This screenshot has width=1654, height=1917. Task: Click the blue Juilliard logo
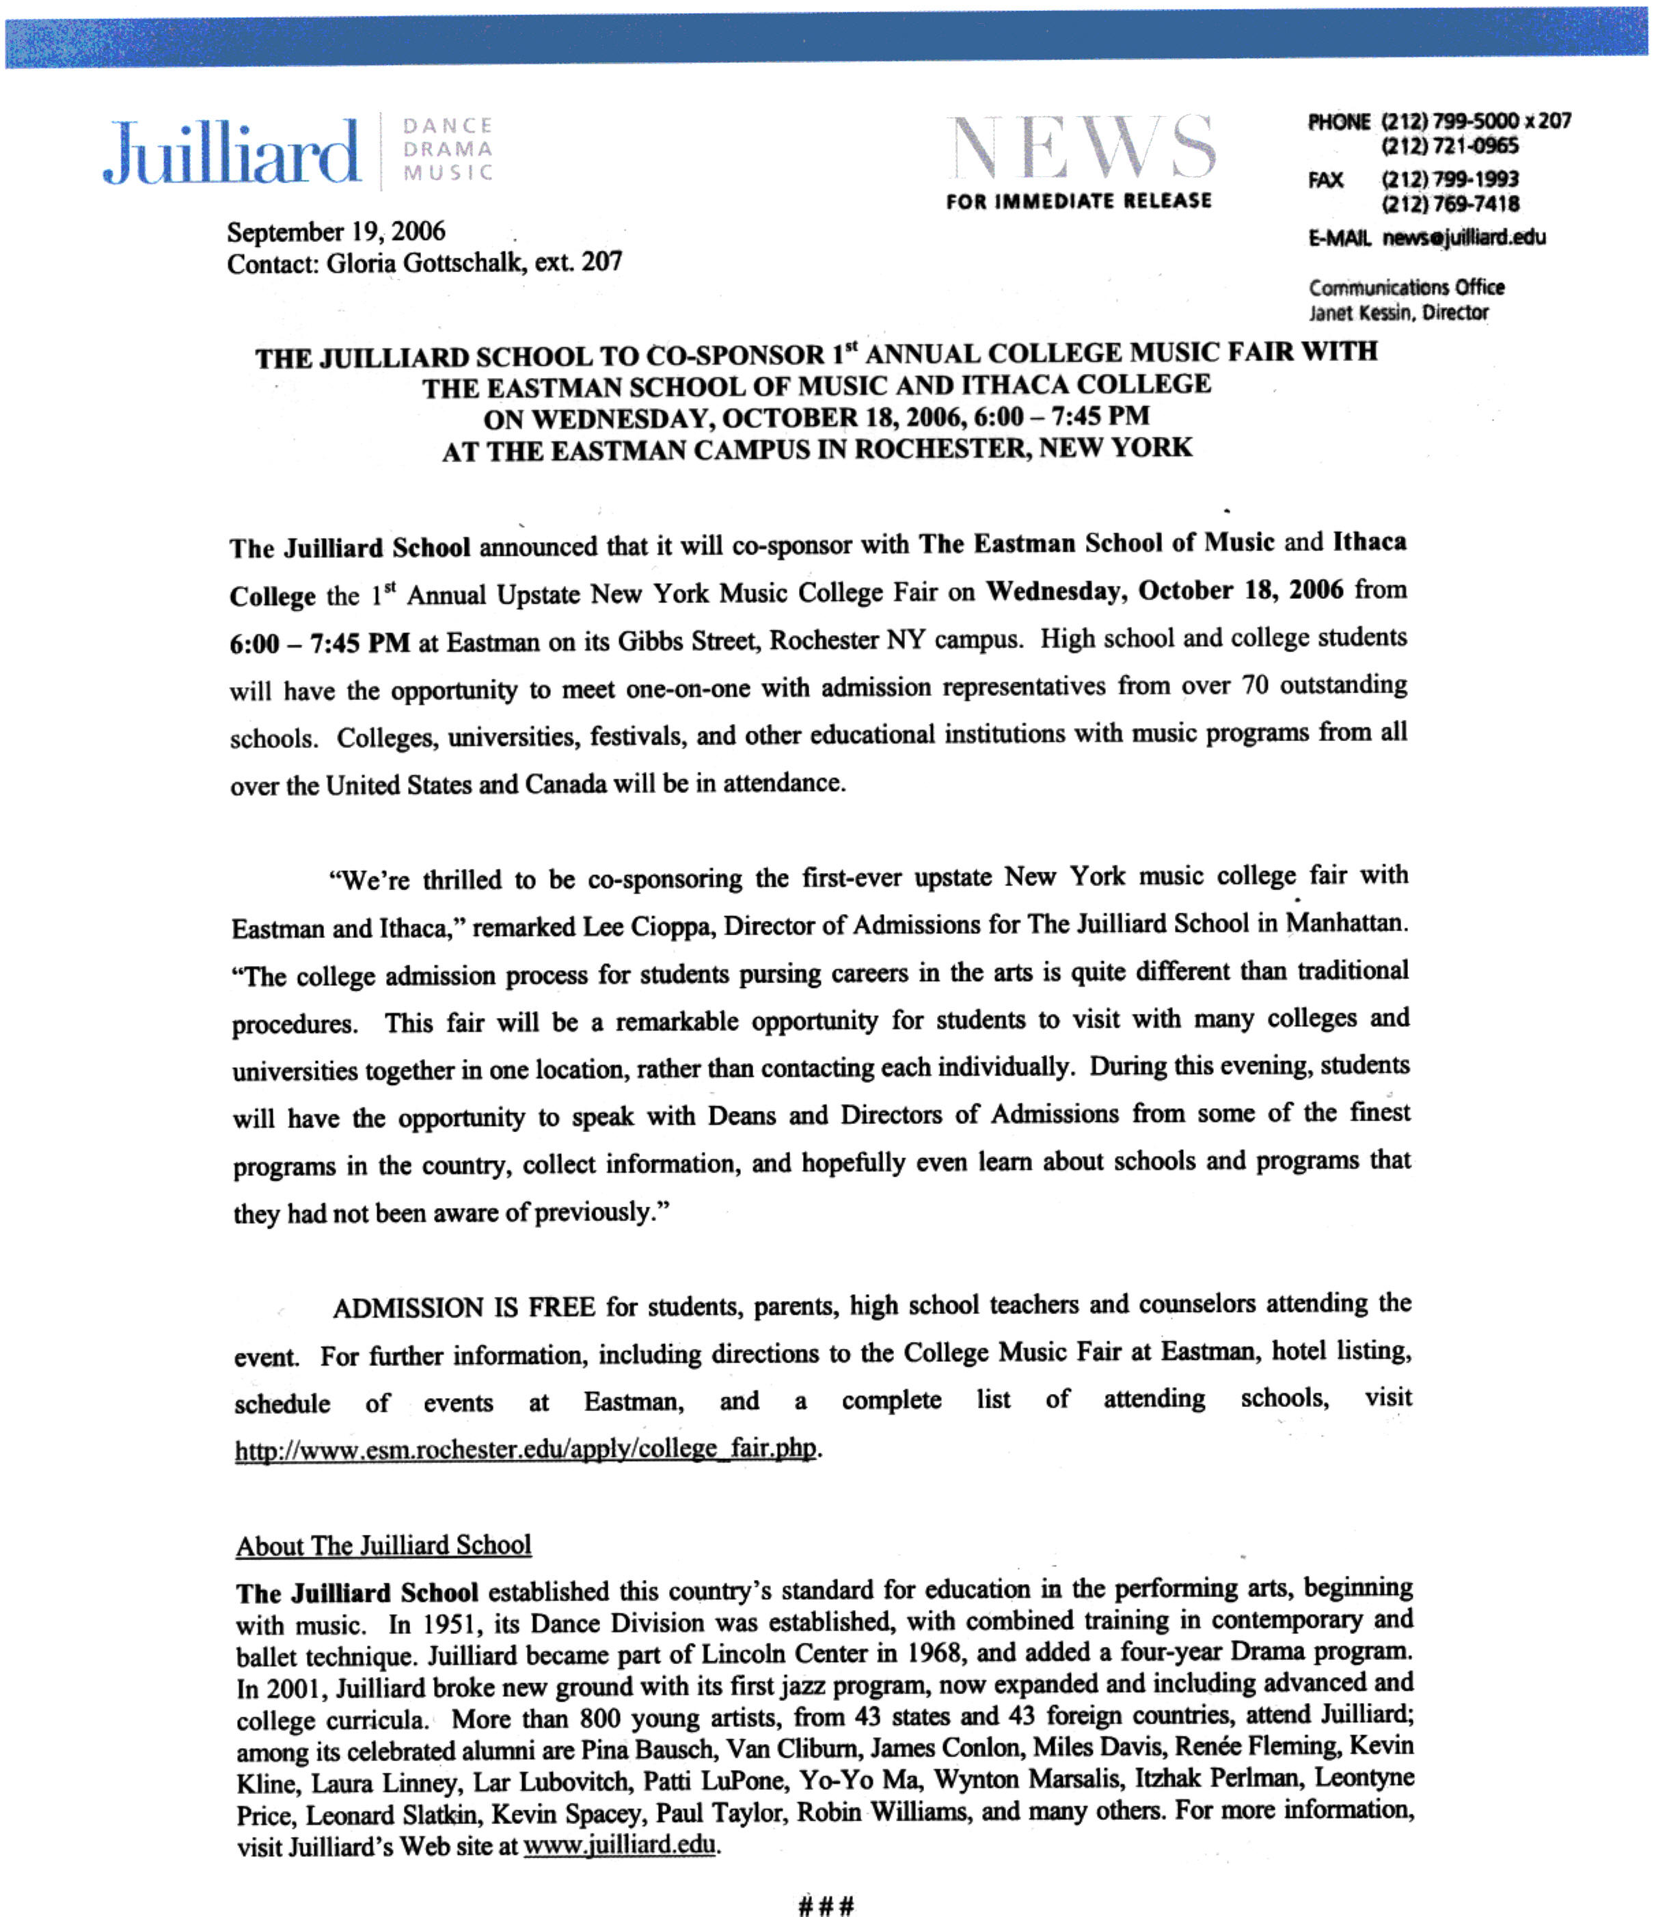pyautogui.click(x=231, y=151)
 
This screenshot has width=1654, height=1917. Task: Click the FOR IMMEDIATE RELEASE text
pyautogui.click(x=1079, y=201)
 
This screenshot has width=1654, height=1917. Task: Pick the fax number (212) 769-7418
pyautogui.click(x=1450, y=204)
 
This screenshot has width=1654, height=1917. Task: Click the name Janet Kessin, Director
pyautogui.click(x=1398, y=312)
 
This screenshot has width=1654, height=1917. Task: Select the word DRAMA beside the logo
pyautogui.click(x=448, y=149)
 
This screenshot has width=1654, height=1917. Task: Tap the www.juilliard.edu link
pyautogui.click(x=620, y=1846)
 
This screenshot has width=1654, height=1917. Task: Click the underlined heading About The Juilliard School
pyautogui.click(x=383, y=1546)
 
